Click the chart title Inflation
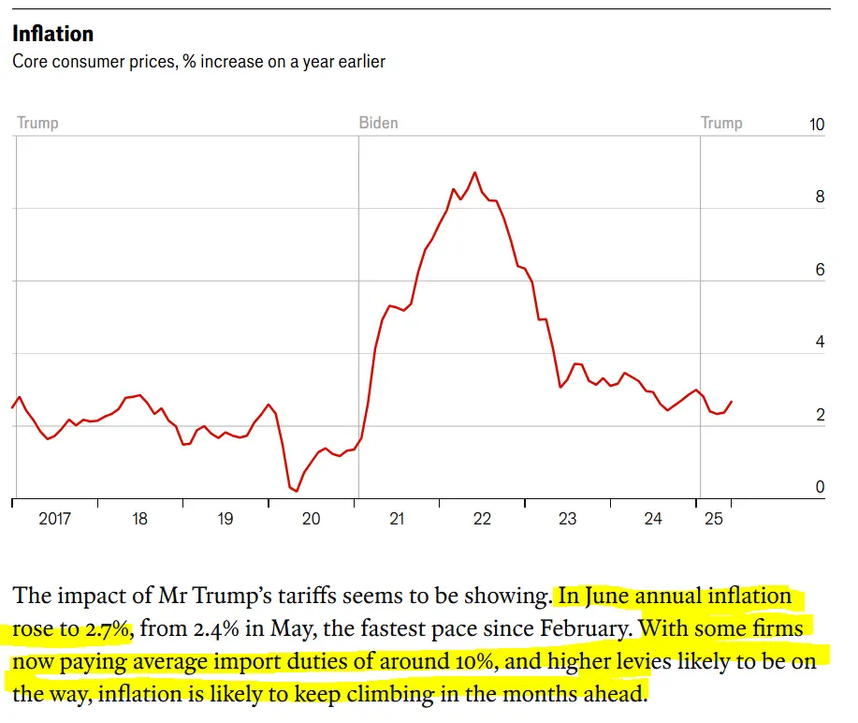[x=52, y=34]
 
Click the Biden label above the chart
[x=378, y=123]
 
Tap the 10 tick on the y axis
[x=816, y=125]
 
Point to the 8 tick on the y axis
[x=820, y=198]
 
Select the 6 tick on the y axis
[x=820, y=271]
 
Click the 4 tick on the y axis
[x=820, y=343]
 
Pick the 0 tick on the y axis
[x=820, y=488]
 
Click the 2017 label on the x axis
[x=54, y=519]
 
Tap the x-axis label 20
[x=311, y=519]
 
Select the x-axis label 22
[x=482, y=519]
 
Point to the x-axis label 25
[x=714, y=519]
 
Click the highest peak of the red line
[x=475, y=172]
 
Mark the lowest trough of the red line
[x=297, y=491]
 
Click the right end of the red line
[x=732, y=402]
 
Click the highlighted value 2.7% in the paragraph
[x=109, y=629]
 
